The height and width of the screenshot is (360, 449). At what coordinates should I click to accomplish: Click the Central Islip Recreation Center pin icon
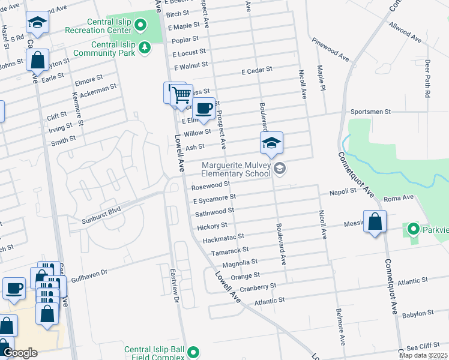click(140, 25)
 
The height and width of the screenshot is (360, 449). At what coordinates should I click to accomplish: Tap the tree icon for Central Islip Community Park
click(144, 47)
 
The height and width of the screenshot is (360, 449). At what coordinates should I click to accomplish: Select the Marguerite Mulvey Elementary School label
click(236, 170)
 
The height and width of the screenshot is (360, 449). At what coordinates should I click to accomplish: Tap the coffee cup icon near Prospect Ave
click(204, 108)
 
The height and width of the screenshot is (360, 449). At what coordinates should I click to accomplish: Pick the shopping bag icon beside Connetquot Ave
click(375, 221)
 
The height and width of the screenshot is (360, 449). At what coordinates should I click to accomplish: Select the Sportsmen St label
click(370, 112)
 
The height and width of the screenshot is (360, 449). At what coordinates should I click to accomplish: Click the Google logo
click(20, 353)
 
